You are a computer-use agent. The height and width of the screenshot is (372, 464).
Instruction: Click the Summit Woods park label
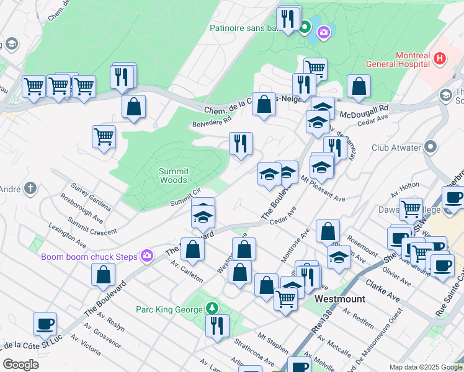click(173, 175)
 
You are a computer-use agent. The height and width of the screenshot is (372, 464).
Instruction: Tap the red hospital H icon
click(440, 59)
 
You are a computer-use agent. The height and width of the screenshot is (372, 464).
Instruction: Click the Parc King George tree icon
click(212, 308)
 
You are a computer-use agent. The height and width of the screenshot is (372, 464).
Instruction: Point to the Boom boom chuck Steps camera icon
click(146, 255)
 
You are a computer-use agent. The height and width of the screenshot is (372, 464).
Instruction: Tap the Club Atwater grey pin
click(432, 148)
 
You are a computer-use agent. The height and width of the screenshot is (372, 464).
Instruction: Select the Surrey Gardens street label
click(91, 196)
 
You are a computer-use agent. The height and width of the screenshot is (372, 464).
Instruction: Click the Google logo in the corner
click(20, 365)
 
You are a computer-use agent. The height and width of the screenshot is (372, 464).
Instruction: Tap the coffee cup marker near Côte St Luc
click(45, 324)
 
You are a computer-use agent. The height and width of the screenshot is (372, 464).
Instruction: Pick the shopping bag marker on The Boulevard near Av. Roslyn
click(103, 274)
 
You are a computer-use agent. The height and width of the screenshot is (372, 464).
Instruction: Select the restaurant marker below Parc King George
click(217, 325)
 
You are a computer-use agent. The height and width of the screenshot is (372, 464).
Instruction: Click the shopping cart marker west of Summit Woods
click(104, 136)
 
